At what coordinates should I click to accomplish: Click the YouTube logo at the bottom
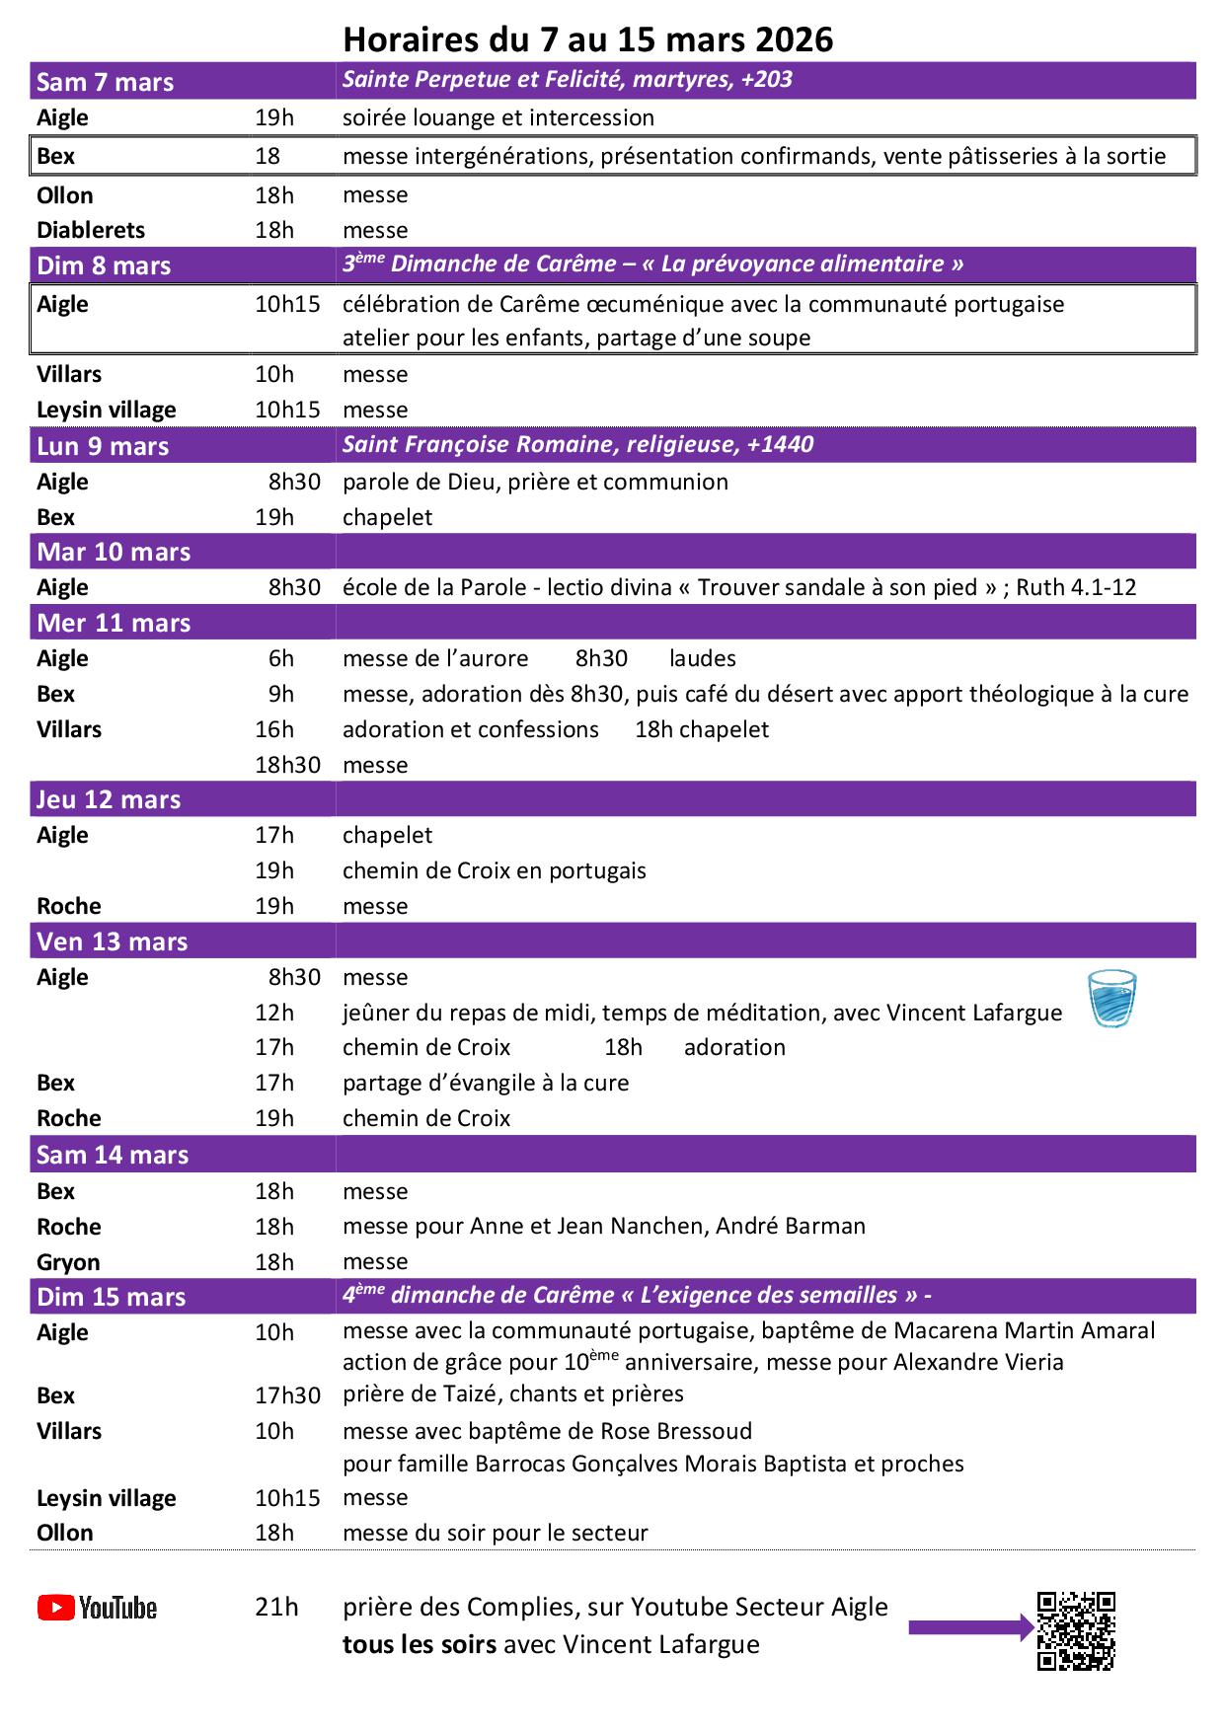click(97, 1608)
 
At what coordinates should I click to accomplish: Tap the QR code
click(1076, 1630)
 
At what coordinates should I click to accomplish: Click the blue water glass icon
click(1111, 999)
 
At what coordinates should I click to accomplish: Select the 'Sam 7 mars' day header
click(105, 82)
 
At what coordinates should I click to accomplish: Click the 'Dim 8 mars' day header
click(104, 265)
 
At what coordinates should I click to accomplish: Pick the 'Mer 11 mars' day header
click(114, 623)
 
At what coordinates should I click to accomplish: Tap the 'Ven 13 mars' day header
click(112, 941)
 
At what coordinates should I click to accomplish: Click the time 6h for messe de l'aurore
click(281, 658)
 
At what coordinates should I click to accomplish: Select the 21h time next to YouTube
click(276, 1607)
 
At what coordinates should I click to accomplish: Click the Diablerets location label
click(91, 230)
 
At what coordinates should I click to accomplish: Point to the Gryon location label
click(68, 1262)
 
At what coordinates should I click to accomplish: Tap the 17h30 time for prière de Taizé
click(287, 1395)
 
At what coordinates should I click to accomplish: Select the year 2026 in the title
click(795, 39)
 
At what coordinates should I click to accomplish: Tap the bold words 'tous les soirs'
click(419, 1645)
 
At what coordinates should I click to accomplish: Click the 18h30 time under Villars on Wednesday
click(287, 765)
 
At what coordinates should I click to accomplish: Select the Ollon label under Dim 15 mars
click(65, 1533)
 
